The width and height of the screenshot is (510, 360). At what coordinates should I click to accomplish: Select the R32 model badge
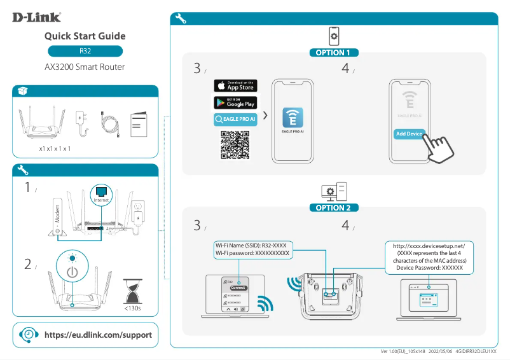point(85,51)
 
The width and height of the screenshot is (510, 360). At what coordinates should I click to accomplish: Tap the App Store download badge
point(235,86)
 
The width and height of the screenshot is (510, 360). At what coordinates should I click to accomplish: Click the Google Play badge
point(235,102)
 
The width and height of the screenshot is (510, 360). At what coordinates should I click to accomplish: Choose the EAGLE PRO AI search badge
point(235,119)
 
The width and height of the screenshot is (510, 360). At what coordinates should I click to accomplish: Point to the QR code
point(235,144)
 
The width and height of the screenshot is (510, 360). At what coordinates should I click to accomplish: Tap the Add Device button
point(409,134)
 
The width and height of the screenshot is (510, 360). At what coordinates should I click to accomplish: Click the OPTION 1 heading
point(333,53)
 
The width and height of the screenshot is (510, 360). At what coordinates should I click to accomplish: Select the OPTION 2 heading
point(333,207)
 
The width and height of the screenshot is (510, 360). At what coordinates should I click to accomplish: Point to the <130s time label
point(132,308)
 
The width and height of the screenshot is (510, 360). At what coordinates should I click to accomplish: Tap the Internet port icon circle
point(102,194)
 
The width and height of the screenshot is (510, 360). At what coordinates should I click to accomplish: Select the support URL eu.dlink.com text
point(97,335)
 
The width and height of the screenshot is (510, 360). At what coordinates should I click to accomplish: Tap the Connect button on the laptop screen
point(238,287)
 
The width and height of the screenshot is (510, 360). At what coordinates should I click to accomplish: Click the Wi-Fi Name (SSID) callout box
point(252,249)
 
